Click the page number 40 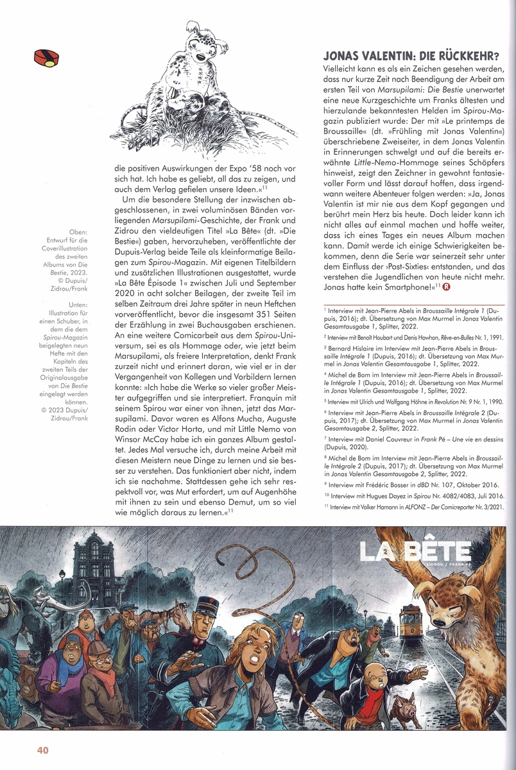[43, 750]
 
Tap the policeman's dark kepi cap [207, 604]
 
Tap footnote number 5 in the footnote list [327, 402]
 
